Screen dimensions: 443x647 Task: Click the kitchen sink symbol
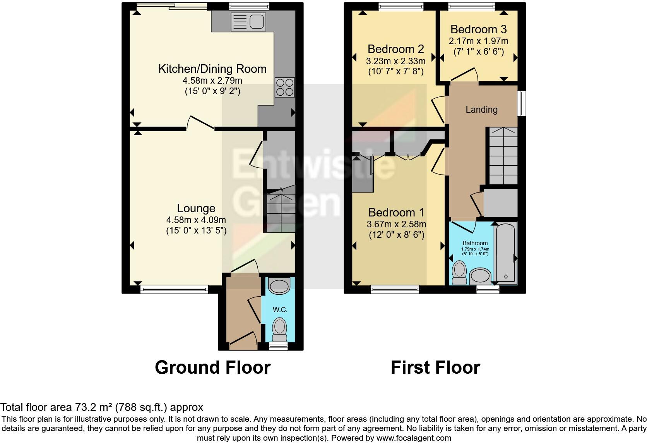[247, 21]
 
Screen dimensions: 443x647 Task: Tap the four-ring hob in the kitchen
[284, 87]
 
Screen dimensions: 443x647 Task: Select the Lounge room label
[196, 208]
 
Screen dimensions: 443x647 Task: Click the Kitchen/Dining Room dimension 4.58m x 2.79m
[212, 81]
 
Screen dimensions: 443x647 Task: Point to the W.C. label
[280, 310]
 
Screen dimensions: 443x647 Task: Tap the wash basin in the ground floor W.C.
[279, 286]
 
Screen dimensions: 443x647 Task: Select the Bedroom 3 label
[478, 29]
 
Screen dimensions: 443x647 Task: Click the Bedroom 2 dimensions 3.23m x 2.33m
[395, 61]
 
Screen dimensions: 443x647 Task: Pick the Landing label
[481, 110]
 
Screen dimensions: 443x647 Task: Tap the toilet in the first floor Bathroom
[460, 273]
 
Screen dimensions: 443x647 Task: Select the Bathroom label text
[475, 243]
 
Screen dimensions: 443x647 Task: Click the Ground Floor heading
[212, 367]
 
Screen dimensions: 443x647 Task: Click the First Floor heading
[435, 367]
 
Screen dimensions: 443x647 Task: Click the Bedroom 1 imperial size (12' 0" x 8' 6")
[396, 235]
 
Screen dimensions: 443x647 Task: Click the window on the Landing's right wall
[522, 103]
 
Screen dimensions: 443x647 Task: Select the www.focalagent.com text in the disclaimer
[413, 438]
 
